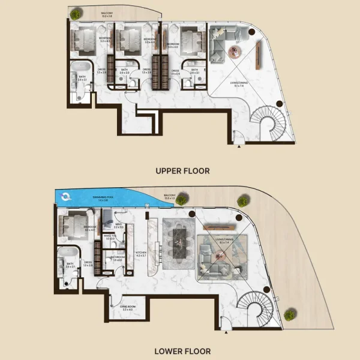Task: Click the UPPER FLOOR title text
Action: point(182,171)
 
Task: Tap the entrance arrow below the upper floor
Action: point(239,146)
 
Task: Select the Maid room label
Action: point(118,225)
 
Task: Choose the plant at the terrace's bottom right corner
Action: point(290,313)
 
